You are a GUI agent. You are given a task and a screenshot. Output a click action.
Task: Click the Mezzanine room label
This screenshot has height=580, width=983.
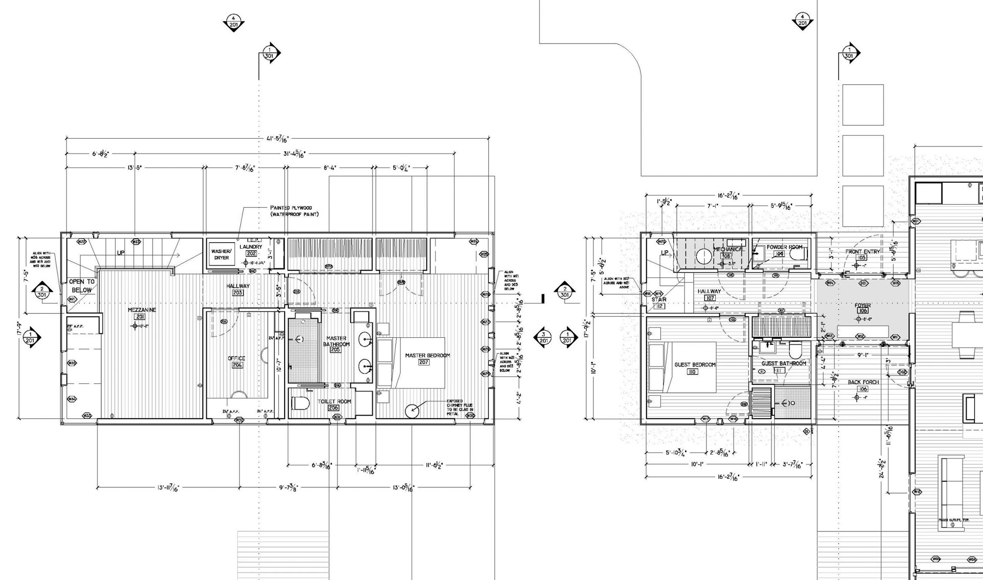point(142,310)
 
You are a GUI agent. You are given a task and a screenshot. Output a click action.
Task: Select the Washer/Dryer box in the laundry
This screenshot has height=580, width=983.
point(221,254)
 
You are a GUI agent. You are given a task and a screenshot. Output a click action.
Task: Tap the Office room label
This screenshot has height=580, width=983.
point(236,358)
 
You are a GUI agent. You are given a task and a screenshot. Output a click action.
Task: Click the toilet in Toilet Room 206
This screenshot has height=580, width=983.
point(301,403)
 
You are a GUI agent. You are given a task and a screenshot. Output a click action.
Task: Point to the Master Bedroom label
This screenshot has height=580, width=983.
point(427,355)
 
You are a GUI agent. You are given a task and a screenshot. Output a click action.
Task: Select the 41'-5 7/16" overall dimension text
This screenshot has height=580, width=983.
point(278,139)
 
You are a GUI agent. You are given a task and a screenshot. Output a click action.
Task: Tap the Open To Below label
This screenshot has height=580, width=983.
point(82,286)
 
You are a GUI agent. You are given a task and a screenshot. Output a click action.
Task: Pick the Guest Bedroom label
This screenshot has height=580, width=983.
point(695,365)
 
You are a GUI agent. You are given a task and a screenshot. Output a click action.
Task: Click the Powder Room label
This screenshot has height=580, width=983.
point(784,247)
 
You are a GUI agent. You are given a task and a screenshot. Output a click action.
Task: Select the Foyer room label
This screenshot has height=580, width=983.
point(862,306)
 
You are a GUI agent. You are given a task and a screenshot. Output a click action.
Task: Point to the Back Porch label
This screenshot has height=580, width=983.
point(863,382)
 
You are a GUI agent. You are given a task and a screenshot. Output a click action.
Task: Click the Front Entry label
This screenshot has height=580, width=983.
point(862,252)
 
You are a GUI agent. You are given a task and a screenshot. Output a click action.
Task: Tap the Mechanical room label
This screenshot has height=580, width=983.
point(728,249)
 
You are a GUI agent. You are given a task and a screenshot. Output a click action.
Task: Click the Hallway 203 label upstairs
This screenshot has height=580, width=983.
point(238,286)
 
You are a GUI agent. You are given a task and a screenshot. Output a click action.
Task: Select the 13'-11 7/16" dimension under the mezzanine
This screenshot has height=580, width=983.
point(168,488)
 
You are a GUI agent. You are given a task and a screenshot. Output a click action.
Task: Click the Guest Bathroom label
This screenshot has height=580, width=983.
point(783,363)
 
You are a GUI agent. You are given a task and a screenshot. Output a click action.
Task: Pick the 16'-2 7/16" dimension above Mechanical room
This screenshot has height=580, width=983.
point(728,195)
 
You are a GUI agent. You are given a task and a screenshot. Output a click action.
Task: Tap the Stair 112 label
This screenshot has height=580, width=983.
point(659,299)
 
